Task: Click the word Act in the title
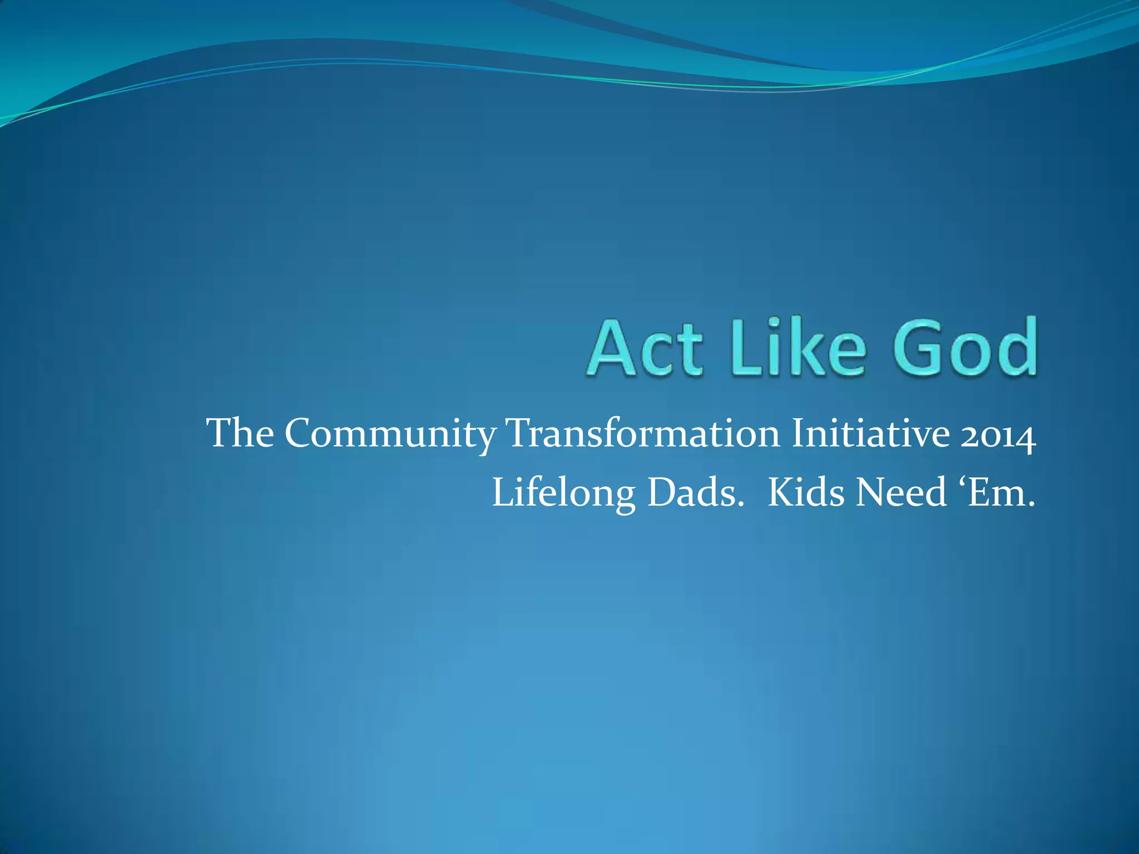coord(645,347)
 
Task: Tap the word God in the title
coord(965,347)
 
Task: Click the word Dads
coord(696,493)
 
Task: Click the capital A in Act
coord(612,347)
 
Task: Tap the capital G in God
coord(921,347)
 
